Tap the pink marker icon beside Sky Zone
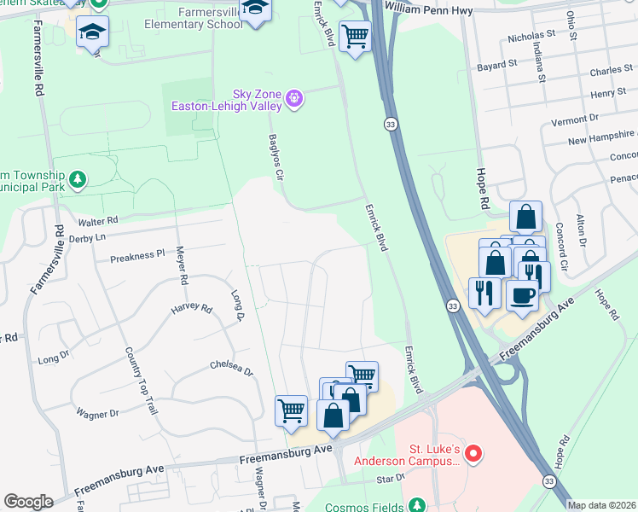click(x=294, y=99)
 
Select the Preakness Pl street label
click(x=136, y=254)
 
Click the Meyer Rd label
click(x=181, y=265)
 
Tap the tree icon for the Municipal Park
click(x=78, y=179)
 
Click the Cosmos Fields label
click(x=363, y=507)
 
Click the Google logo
click(x=28, y=502)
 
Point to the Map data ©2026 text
click(x=602, y=505)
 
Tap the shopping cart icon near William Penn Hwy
click(x=355, y=36)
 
